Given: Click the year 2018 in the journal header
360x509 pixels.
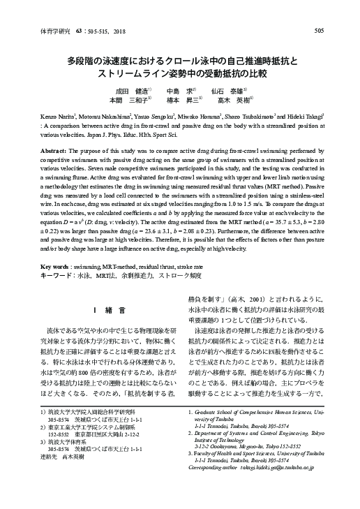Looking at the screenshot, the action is pos(114,31).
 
